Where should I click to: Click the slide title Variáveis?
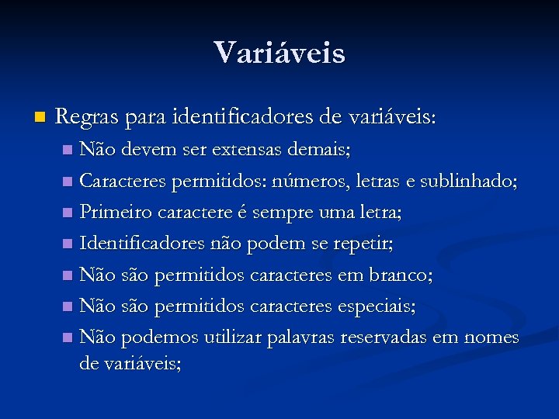tap(279, 53)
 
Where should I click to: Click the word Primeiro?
tap(112, 211)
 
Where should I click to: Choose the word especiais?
tap(376, 306)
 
